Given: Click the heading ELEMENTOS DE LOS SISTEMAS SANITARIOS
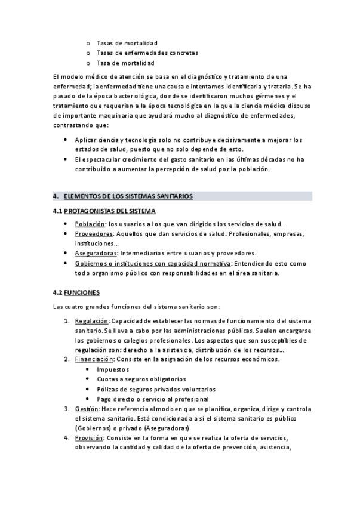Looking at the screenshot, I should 128,196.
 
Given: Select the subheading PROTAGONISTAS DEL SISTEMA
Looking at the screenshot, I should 110,211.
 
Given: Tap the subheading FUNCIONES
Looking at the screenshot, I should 82,292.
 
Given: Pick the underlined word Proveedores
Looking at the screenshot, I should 94,233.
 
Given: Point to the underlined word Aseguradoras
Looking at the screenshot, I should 96,253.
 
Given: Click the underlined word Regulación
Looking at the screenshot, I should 92,320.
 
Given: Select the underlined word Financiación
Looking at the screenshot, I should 94,359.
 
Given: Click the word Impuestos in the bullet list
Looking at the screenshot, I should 113,369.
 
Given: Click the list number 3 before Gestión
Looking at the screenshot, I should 66,409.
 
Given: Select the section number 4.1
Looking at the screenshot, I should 57,211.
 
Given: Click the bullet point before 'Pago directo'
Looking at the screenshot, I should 88,399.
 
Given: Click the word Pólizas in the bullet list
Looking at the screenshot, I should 107,389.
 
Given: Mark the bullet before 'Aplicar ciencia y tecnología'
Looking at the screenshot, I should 65,140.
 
